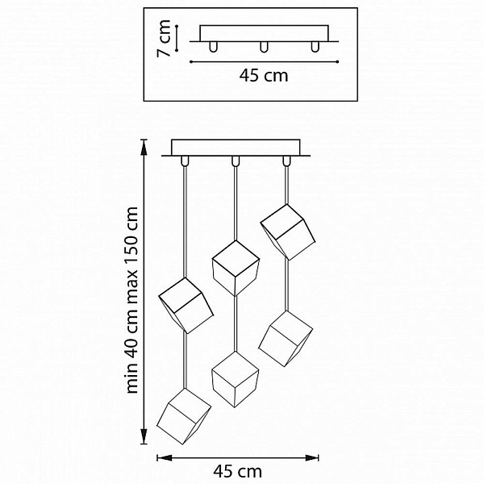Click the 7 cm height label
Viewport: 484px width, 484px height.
coord(164,38)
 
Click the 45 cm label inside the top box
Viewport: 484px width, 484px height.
coord(264,76)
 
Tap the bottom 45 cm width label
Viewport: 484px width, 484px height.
coord(237,471)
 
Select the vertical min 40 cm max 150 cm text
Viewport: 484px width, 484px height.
coord(132,300)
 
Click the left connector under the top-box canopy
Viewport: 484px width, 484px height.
coord(213,47)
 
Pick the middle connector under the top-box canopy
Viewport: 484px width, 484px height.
coord(264,47)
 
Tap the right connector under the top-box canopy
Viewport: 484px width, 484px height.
coord(315,47)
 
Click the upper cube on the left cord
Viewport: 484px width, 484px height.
coord(186,305)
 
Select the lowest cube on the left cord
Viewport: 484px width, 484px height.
coord(184,416)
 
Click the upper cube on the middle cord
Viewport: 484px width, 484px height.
coord(236,269)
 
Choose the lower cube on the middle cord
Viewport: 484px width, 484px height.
coord(236,379)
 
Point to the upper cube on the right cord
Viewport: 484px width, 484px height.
coord(287,232)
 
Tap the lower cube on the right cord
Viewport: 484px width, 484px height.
coord(286,338)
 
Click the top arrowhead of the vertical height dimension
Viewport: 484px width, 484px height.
coord(144,147)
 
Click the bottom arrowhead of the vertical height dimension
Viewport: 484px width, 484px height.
coord(144,436)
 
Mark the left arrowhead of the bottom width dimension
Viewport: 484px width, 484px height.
coord(165,457)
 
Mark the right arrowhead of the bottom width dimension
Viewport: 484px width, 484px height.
coord(311,457)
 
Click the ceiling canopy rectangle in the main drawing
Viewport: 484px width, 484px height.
coord(236,148)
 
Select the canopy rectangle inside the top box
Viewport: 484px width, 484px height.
coord(264,33)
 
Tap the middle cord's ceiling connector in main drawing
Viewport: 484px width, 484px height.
coord(236,161)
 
